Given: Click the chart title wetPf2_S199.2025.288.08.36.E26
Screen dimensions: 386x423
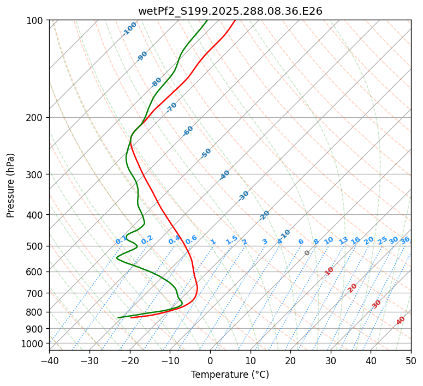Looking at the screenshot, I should click(230, 11).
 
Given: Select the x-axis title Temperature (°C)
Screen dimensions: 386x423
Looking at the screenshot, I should click(230, 375).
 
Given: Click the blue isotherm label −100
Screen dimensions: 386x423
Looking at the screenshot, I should click(130, 28).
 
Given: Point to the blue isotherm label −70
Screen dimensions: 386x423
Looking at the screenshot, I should click(171, 107).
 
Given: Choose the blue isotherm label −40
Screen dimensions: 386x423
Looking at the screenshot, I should click(224, 175).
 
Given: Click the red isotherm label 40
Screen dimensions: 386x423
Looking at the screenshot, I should click(401, 321).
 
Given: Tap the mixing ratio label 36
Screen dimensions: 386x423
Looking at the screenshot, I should click(405, 240).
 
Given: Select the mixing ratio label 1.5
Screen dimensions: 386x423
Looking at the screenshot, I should click(231, 239).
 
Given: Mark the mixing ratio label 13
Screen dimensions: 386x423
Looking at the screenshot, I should click(343, 240).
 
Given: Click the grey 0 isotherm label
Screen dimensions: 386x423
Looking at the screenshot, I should click(307, 253).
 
